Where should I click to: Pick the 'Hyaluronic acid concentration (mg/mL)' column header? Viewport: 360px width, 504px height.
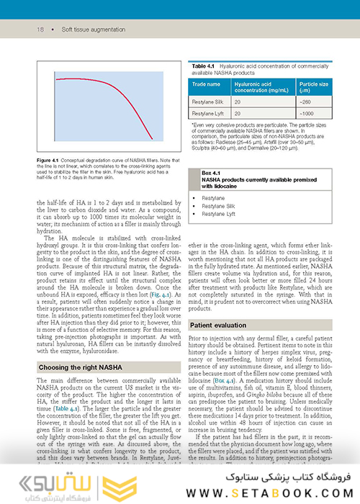click(260, 88)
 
